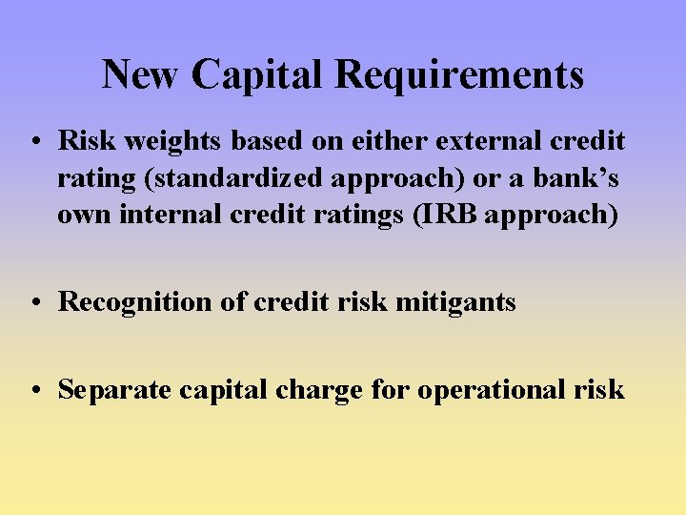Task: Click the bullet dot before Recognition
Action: pos(35,303)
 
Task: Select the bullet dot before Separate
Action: pos(35,390)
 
